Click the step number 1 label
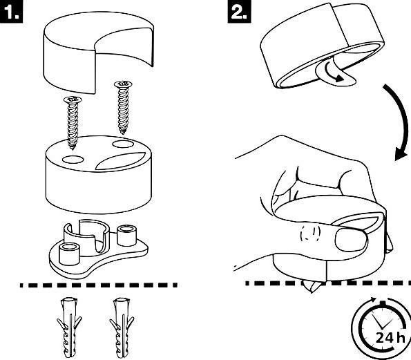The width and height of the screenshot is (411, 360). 11,12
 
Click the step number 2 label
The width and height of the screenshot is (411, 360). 239,12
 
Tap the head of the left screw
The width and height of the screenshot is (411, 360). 73,100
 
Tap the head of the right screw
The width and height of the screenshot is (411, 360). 123,84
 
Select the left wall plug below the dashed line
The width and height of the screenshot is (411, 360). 69,328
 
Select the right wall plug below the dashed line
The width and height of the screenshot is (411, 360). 122,328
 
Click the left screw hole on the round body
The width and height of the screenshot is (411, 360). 73,159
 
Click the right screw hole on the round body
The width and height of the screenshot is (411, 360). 122,144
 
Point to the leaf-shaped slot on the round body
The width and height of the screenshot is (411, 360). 120,161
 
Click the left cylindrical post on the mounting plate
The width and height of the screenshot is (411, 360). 70,254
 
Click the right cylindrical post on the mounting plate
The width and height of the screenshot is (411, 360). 126,236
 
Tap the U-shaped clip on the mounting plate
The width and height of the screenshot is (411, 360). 86,235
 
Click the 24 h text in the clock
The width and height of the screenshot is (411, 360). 390,338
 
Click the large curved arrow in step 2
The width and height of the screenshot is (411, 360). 400,121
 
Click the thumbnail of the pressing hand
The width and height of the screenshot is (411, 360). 351,238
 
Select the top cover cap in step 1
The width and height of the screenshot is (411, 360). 98,53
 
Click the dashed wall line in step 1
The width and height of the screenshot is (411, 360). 99,285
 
